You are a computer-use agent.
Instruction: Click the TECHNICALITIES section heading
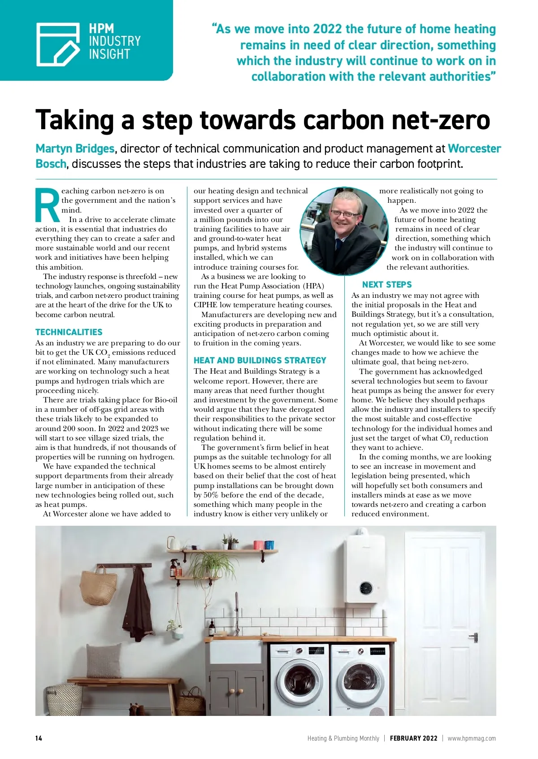tap(69, 332)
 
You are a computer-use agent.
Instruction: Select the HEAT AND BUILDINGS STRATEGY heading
tap(260, 360)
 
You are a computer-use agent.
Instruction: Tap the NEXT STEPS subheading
tap(386, 284)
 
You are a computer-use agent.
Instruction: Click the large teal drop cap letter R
tap(48, 205)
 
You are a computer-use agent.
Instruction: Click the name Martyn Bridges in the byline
tap(75, 148)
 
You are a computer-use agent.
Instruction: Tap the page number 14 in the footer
tap(39, 738)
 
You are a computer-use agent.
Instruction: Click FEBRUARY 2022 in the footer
tap(413, 738)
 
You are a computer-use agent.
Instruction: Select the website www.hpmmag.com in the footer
tap(472, 738)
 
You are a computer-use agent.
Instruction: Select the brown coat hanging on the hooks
tap(139, 603)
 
